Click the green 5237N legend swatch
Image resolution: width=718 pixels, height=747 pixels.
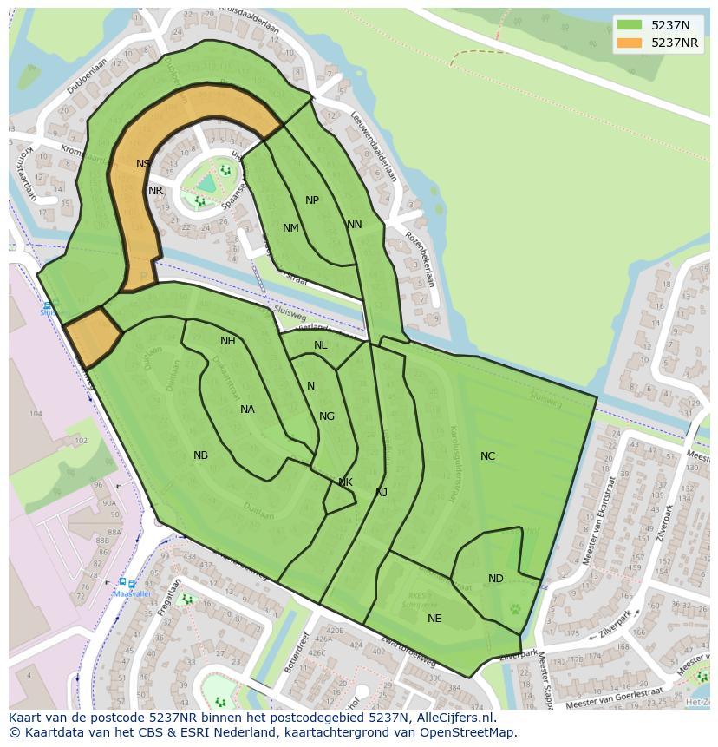point(630,25)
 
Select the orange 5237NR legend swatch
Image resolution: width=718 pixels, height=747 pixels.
point(630,43)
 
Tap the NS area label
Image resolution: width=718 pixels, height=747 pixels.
point(143,164)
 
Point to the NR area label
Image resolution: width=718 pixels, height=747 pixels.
point(155,191)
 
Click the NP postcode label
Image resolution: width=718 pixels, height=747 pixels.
point(312,200)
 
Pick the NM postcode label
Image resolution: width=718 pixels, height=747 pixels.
point(290,228)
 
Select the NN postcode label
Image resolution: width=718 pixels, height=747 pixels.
point(354,225)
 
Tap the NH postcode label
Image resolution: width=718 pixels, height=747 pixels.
point(228,341)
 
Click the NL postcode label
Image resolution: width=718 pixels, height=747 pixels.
point(321,345)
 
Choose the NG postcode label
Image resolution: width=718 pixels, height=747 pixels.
point(327,416)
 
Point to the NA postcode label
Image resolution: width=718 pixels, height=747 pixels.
point(247,410)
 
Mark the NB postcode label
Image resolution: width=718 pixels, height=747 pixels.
point(200,455)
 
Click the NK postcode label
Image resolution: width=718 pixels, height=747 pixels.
point(345,482)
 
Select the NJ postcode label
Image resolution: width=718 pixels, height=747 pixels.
point(381,493)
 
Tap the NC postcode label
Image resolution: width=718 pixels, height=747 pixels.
point(487,456)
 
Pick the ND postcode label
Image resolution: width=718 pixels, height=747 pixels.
point(495,579)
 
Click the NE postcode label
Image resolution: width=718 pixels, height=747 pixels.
point(434,619)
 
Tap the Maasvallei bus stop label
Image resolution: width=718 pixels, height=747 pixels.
point(133,594)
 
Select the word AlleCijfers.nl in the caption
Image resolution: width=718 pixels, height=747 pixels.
point(452,718)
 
